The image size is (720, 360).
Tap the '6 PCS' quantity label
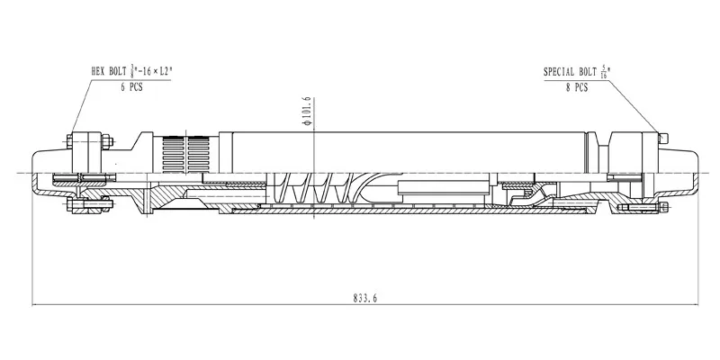130,87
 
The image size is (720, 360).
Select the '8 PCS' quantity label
575,87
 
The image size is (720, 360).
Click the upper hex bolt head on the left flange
70,141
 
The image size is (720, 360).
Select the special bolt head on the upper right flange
663,138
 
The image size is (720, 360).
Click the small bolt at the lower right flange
664,208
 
